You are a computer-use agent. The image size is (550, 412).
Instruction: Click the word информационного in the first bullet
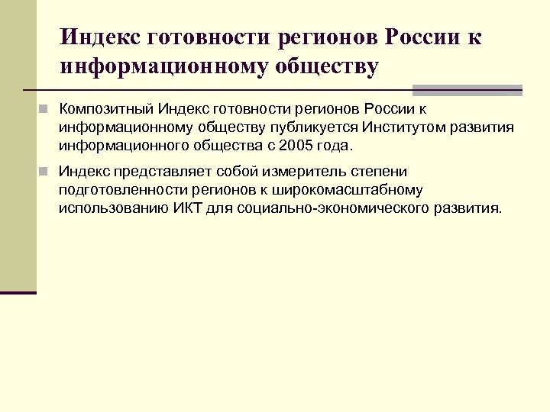coord(122,145)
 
